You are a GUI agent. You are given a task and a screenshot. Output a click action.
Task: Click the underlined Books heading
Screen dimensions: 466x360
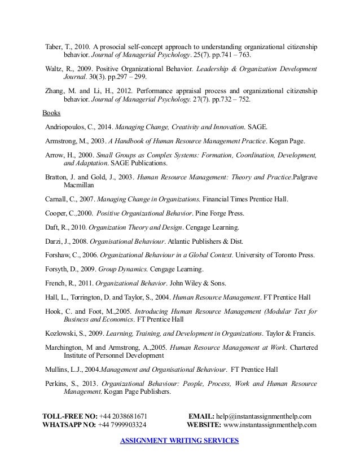click(x=51, y=112)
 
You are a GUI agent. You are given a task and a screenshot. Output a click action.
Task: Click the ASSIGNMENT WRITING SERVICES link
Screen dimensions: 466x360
click(x=180, y=440)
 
